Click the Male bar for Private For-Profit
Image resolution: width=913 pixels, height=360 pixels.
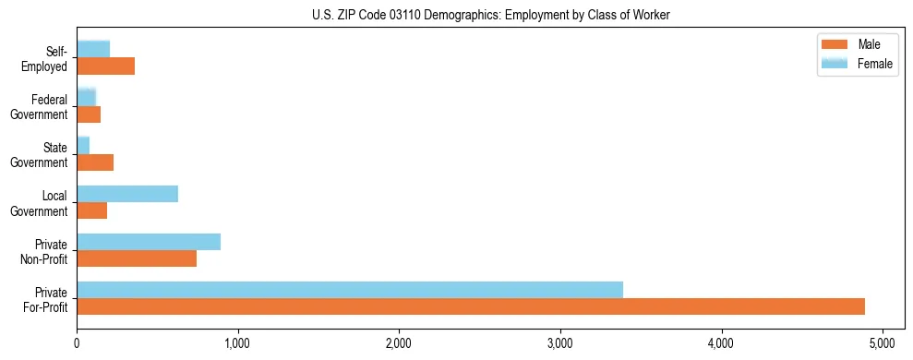coord(471,306)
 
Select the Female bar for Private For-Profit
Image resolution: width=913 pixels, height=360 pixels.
coord(350,290)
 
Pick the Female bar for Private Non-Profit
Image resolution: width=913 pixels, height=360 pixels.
coord(149,242)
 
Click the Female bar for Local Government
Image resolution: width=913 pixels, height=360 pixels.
coord(127,194)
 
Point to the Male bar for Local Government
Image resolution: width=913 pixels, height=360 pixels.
coord(92,210)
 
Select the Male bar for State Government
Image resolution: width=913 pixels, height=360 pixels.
coord(95,162)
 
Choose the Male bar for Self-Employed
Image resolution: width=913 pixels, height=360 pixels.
coord(106,66)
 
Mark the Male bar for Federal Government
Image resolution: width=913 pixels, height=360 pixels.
coord(89,114)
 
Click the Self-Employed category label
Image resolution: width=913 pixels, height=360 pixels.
coord(47,59)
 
